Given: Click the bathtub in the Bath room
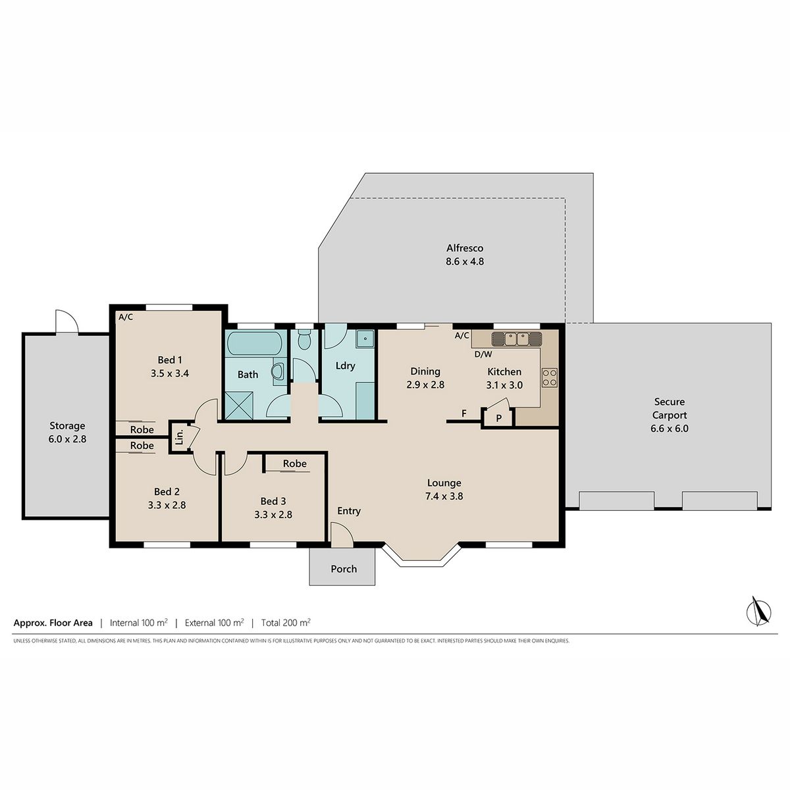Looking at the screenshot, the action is [254, 343].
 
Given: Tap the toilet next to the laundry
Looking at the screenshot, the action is [303, 340].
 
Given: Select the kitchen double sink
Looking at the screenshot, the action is [516, 339].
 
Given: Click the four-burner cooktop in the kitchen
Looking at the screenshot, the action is [549, 377].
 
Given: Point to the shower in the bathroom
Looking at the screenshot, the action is [239, 406].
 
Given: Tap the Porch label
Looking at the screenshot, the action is [344, 569].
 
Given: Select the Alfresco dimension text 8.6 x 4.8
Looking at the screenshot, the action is [465, 261].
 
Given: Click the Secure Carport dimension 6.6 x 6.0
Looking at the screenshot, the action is [670, 429].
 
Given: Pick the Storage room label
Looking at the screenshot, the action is [67, 426].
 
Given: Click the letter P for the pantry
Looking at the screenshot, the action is [498, 419].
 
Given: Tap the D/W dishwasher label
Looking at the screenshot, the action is [483, 354].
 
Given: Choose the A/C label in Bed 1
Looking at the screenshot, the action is [126, 317].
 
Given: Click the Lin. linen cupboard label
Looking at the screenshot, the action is [180, 437].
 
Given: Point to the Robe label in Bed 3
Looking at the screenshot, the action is [295, 463].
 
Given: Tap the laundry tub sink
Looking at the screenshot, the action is [365, 339].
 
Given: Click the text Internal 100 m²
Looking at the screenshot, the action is [138, 623].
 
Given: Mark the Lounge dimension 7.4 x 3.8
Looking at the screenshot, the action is [444, 496].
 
